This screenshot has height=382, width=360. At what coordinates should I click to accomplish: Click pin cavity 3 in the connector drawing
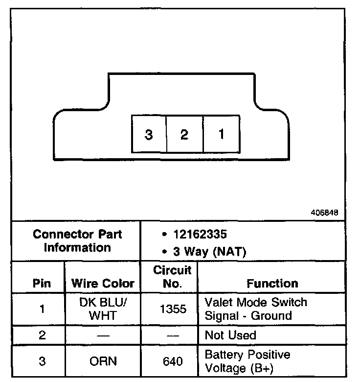149,134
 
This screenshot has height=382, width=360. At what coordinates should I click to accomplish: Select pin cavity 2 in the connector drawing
184,134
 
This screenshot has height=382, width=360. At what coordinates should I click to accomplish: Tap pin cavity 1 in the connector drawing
221,134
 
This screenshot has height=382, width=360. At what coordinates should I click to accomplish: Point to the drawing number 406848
324,214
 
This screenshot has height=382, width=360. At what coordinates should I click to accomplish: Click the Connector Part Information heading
77,240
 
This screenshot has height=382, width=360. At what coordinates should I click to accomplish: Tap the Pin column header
42,283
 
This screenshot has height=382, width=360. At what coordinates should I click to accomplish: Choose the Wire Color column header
103,283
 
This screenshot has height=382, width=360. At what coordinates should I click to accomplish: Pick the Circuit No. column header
173,277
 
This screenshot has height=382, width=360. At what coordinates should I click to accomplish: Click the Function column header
272,283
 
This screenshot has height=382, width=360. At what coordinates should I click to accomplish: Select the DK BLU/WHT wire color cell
103,309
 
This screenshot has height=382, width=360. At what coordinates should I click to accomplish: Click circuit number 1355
172,309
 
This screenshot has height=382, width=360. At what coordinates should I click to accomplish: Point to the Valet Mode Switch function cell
255,309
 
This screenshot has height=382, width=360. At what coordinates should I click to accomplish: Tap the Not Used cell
230,335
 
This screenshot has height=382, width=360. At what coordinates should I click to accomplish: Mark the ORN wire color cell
103,361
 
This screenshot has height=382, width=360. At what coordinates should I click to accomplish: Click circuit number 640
172,361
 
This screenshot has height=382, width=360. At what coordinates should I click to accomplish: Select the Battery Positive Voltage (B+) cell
247,361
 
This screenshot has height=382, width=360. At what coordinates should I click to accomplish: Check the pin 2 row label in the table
42,335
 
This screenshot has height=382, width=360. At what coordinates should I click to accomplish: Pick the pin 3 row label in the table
42,361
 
